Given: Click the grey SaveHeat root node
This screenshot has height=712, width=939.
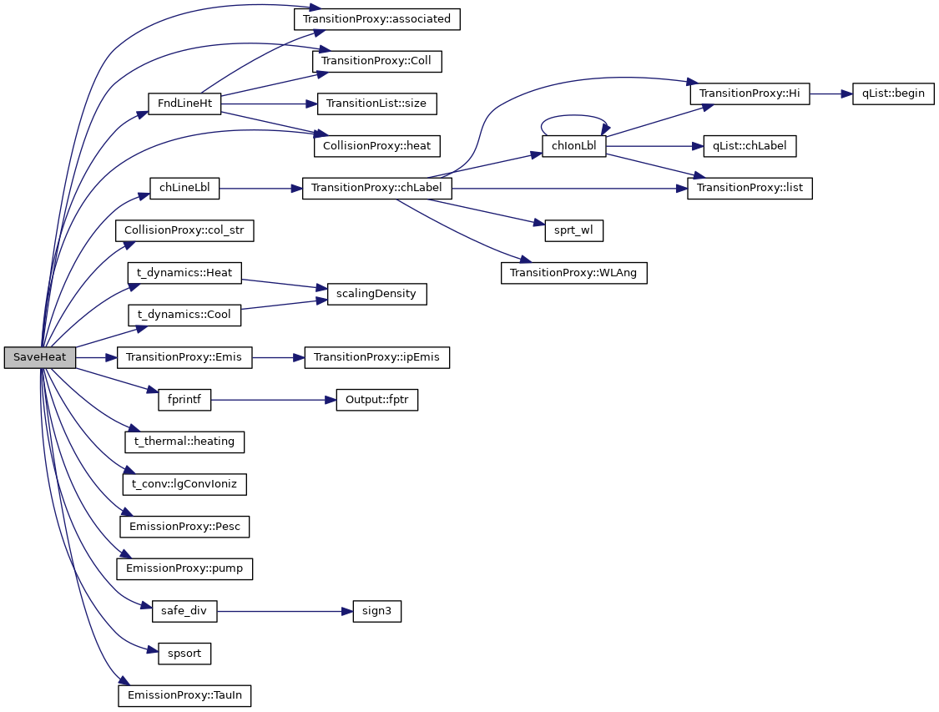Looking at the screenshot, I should (x=40, y=357).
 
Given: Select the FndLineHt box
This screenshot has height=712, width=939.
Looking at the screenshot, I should (x=184, y=104).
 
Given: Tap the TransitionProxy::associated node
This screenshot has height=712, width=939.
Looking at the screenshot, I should (x=377, y=18).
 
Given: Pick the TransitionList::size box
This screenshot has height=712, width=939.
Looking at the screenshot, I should (x=377, y=104).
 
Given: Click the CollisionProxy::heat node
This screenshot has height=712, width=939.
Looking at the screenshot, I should (x=377, y=146).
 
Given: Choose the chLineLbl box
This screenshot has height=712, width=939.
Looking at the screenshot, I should (x=184, y=189).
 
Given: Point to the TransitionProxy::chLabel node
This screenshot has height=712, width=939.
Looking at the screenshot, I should (x=377, y=189).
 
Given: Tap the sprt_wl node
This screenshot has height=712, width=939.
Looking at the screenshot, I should (x=574, y=231).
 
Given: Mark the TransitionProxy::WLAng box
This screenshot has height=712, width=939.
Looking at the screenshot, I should (x=574, y=273).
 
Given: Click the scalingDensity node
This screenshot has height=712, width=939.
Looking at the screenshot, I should (x=377, y=294).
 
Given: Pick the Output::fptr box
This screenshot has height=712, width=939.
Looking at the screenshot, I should (x=376, y=400).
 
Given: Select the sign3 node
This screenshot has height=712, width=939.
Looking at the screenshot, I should (x=376, y=611).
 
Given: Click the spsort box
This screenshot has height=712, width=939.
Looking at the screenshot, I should (x=184, y=654).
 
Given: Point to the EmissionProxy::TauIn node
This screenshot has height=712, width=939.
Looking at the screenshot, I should (x=184, y=695).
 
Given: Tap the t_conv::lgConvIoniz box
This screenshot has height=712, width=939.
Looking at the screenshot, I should (x=184, y=484).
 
